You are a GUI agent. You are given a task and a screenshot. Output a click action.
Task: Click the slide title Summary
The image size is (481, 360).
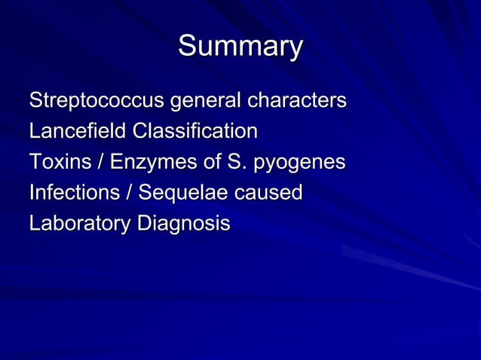pos(240,47)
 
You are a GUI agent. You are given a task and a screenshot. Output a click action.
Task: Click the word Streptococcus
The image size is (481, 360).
pos(97,100)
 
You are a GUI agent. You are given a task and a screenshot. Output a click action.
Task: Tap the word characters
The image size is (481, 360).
pos(298,100)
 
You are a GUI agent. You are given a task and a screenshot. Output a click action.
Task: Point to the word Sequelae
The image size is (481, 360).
pos(177,194)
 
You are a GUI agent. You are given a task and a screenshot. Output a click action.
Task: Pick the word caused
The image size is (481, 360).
pos(270,193)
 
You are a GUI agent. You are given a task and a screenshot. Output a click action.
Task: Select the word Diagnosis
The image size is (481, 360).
pos(183,224)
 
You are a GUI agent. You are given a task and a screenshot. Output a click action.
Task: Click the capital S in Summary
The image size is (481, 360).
pos(188,47)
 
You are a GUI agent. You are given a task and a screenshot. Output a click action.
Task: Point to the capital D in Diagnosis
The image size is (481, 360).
pos(143,224)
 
